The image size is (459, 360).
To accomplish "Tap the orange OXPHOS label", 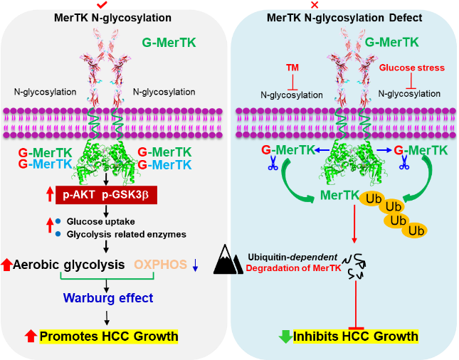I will coord(162,265).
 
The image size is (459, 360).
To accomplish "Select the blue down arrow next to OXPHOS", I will coord(195,265).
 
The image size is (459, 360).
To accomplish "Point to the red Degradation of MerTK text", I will coord(285,268).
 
